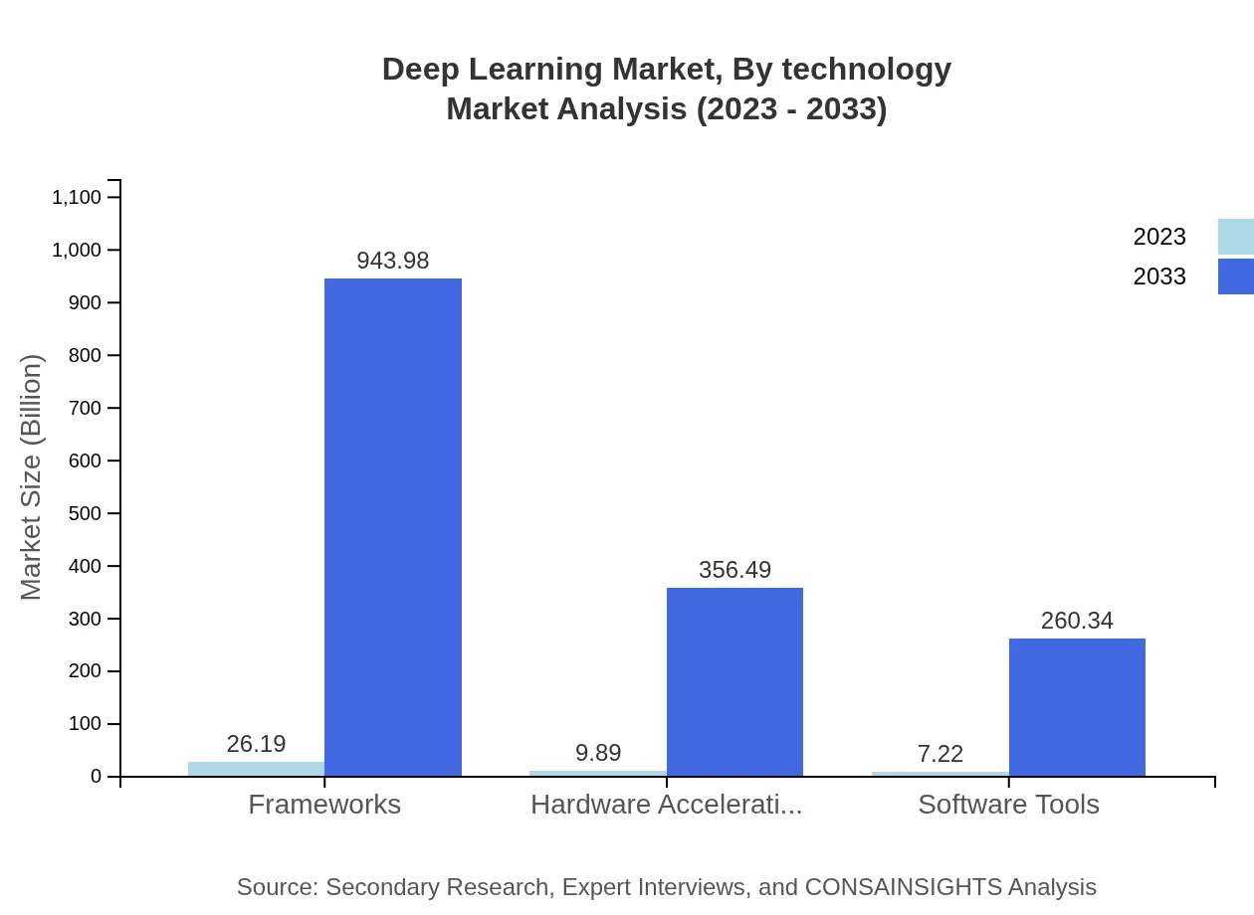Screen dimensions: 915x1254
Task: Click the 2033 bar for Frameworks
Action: coord(393,527)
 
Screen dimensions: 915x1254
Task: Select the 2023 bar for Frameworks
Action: coord(256,769)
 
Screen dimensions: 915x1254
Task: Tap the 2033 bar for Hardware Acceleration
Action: coord(734,681)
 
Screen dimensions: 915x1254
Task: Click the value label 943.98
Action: coord(393,261)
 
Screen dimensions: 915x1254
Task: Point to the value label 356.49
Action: coord(734,570)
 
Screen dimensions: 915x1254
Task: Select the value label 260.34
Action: coord(1077,621)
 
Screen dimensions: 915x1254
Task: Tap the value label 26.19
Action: coord(256,744)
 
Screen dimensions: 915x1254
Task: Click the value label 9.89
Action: coord(598,753)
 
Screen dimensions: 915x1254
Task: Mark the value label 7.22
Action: coord(940,754)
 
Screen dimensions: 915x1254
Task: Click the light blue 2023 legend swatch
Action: coord(1235,237)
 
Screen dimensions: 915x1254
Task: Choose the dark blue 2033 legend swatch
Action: coord(1235,276)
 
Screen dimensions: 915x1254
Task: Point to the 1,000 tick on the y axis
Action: coord(77,250)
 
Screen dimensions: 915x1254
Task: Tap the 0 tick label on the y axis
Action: coord(97,777)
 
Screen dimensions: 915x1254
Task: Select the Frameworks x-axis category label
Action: coord(324,805)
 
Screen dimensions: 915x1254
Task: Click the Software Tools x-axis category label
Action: coord(1008,805)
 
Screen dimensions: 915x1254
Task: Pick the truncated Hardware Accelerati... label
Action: coord(666,805)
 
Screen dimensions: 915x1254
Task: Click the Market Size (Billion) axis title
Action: coord(31,477)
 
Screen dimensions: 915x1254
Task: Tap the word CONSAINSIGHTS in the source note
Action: coord(903,887)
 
